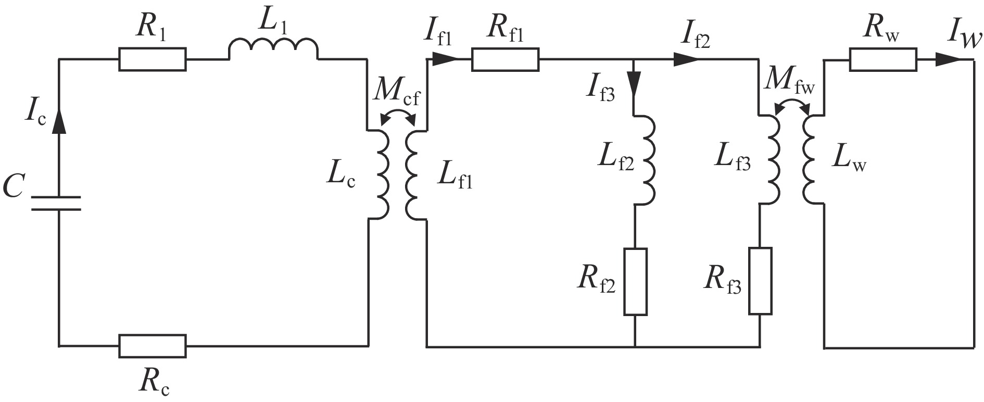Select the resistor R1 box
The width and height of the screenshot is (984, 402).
pyautogui.click(x=152, y=59)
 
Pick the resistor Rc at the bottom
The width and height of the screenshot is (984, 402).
pyautogui.click(x=153, y=346)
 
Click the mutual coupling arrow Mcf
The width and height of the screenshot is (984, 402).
pyautogui.click(x=398, y=116)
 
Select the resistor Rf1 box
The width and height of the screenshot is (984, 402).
pyautogui.click(x=506, y=59)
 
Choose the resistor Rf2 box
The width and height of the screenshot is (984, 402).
pyautogui.click(x=636, y=282)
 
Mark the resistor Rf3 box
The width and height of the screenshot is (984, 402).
pyautogui.click(x=760, y=281)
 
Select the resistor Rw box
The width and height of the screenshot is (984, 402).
pyautogui.click(x=883, y=59)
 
